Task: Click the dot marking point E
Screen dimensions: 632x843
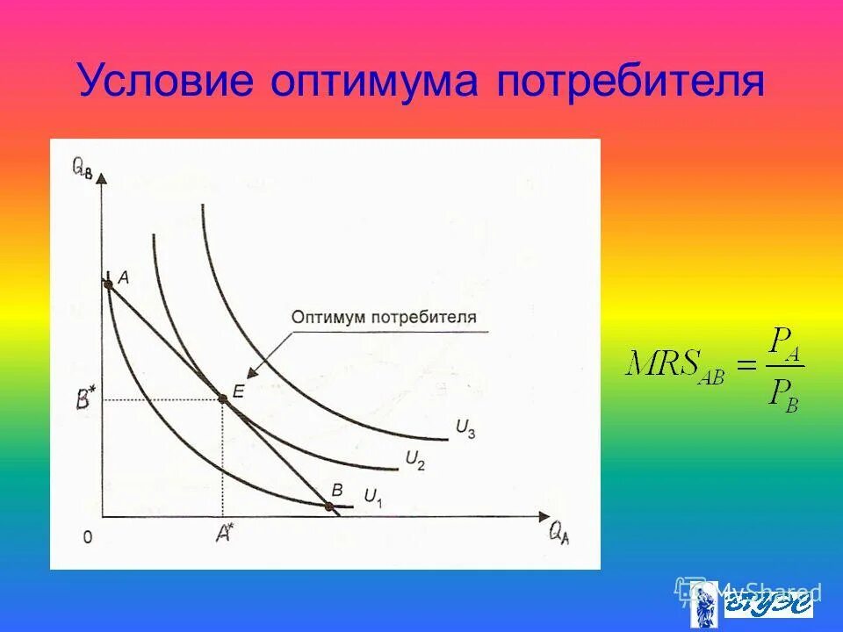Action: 223,399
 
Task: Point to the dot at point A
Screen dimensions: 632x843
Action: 108,283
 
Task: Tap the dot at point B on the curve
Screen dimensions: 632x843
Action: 329,506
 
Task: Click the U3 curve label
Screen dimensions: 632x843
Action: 465,427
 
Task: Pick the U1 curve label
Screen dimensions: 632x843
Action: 372,497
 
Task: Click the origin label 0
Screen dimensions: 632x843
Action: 86,536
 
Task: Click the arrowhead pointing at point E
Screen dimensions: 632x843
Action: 249,375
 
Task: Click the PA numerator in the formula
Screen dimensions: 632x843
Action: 782,341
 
